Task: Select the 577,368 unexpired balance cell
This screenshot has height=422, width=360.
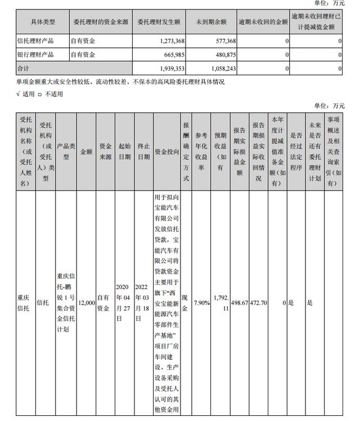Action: point(223,42)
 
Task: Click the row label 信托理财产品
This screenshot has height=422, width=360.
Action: point(35,42)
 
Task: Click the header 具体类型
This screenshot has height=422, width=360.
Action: point(42,22)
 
